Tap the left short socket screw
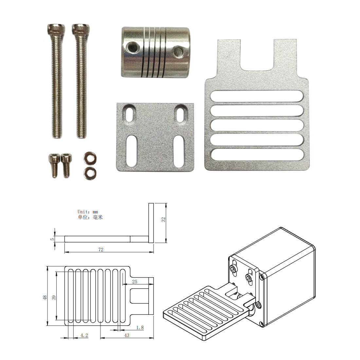54,165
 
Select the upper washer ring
90,158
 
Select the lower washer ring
90,173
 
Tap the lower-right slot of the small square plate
179,151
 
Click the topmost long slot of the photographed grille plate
257,96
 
